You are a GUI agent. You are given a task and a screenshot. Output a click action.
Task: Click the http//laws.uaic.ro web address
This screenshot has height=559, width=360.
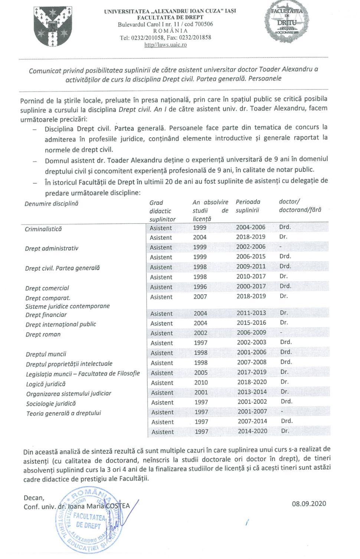pyautogui.click(x=166, y=45)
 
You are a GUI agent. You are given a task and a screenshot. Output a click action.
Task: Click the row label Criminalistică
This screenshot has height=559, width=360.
pyautogui.click(x=43, y=229)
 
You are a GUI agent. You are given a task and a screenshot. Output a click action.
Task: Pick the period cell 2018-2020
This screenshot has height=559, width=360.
pyautogui.click(x=252, y=382)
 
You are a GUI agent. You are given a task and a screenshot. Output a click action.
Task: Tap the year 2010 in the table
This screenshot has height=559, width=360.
pyautogui.click(x=201, y=382)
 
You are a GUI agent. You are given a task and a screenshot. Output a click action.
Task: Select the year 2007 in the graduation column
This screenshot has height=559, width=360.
pyautogui.click(x=200, y=297)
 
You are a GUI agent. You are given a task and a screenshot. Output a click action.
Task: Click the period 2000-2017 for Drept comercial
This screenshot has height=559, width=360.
pyautogui.click(x=251, y=287)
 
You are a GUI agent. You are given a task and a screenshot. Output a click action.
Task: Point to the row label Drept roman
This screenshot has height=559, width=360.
pyautogui.click(x=43, y=334)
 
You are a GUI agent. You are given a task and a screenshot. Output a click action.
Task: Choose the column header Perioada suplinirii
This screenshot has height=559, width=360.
pyautogui.click(x=248, y=206)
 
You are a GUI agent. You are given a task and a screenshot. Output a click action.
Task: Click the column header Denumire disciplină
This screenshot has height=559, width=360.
pyautogui.click(x=52, y=204)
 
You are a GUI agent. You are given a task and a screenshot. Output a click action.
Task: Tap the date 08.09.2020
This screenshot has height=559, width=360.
pyautogui.click(x=309, y=503)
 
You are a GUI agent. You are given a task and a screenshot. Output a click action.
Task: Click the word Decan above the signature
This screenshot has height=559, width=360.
pyautogui.click(x=34, y=498)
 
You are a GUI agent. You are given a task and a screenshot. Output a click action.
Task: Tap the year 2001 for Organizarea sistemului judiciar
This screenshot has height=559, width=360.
pyautogui.click(x=201, y=392)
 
